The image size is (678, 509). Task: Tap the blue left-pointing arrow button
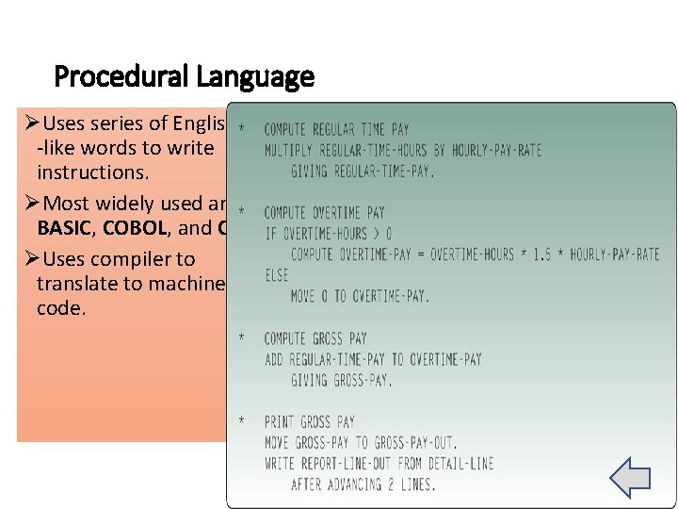[x=630, y=478]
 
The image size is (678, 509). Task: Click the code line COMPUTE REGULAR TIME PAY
[x=336, y=130]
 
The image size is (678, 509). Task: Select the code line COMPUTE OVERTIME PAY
[x=324, y=213]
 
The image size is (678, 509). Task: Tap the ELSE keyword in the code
[x=276, y=275]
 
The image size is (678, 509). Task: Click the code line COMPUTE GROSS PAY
[x=315, y=338]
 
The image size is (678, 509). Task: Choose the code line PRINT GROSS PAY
[x=310, y=421]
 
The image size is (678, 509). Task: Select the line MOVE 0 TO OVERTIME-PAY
[x=360, y=296]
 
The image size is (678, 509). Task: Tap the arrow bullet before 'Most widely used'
[x=29, y=204]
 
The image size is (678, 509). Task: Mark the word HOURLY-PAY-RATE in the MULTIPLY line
[x=496, y=151]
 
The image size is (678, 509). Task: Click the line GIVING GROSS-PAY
[x=342, y=380]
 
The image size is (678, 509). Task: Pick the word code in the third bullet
[x=61, y=308]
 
